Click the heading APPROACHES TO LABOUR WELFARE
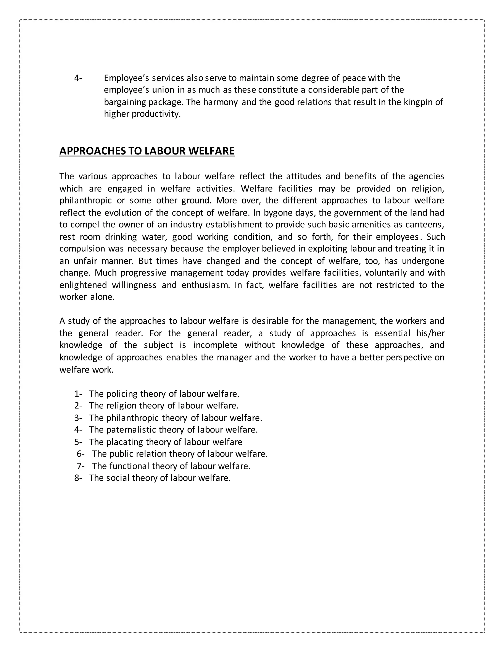(x=147, y=151)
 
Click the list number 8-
(x=78, y=478)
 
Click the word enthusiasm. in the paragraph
(x=206, y=285)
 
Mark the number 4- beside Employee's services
(x=78, y=78)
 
